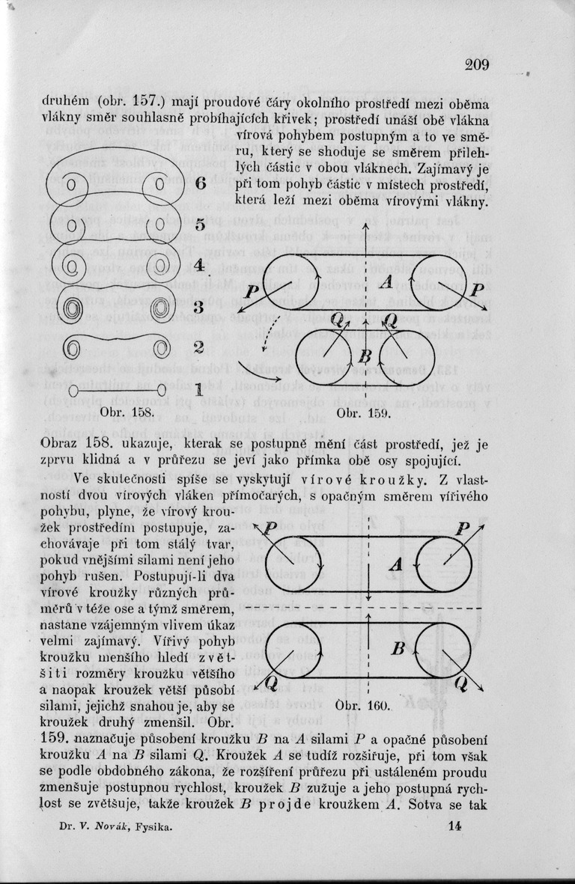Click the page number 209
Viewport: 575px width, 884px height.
coord(476,64)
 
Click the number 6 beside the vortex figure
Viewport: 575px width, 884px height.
coord(201,184)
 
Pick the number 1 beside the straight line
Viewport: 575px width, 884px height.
coord(199,389)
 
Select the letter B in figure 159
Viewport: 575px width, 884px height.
coord(366,354)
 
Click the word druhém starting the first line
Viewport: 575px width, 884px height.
coord(67,102)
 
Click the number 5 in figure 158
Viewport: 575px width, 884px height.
coord(200,225)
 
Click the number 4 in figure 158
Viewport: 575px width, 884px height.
coord(199,266)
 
